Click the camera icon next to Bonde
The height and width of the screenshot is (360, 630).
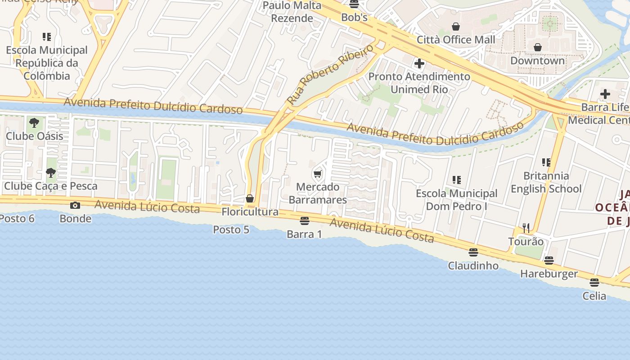pyautogui.click(x=75, y=206)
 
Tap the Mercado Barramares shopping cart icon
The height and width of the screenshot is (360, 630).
pyautogui.click(x=318, y=174)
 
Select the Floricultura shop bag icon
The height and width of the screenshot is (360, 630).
pyautogui.click(x=250, y=198)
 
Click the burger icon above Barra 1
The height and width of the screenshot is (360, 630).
pyautogui.click(x=305, y=221)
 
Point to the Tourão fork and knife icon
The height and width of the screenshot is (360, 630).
pyautogui.click(x=526, y=228)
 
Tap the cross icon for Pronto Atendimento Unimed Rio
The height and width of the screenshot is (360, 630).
pyautogui.click(x=419, y=63)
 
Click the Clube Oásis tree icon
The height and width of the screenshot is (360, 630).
pyautogui.click(x=34, y=122)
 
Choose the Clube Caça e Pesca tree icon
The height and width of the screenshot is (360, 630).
pyautogui.click(x=50, y=172)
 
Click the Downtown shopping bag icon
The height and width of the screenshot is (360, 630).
pyautogui.click(x=537, y=47)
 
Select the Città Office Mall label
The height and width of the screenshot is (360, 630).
pyautogui.click(x=456, y=40)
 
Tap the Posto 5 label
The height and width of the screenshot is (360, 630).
pyautogui.click(x=231, y=229)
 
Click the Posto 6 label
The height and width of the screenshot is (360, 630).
pyautogui.click(x=17, y=219)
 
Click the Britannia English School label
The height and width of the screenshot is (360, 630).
pyautogui.click(x=546, y=182)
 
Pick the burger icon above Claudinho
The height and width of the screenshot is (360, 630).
pyautogui.click(x=473, y=252)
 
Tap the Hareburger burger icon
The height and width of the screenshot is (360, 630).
pyautogui.click(x=549, y=261)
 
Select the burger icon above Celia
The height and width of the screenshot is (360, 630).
pyautogui.click(x=594, y=283)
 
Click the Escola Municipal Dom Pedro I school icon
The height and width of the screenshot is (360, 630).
pyautogui.click(x=457, y=180)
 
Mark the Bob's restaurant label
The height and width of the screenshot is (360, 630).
pyautogui.click(x=355, y=18)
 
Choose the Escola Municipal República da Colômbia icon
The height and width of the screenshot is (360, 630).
pyautogui.click(x=46, y=37)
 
